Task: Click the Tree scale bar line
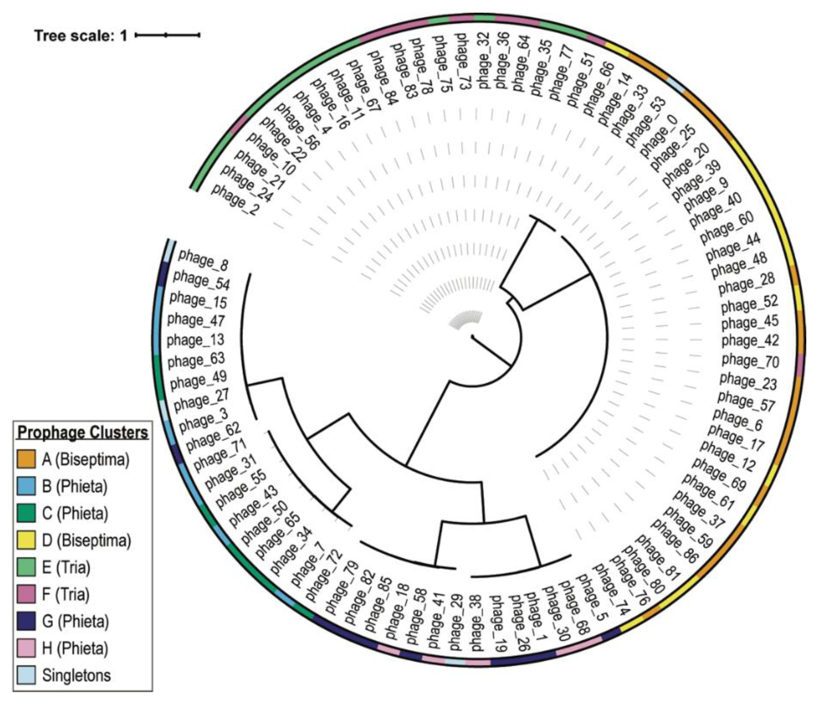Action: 167,35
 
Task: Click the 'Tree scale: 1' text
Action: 81,36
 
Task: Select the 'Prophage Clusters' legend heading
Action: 83,433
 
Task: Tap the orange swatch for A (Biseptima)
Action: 26,460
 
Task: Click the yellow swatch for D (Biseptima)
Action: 26,540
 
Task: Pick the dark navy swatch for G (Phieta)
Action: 26,621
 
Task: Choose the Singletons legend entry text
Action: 76,675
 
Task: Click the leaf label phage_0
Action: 658,136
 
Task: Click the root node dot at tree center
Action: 472,336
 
